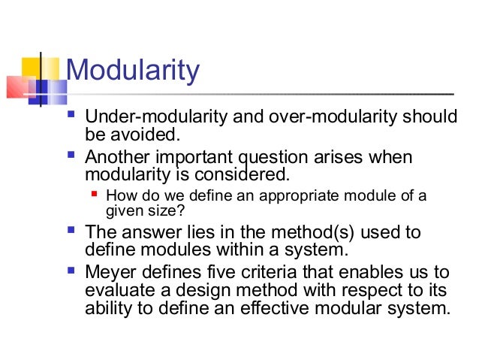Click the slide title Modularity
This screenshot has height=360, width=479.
tap(133, 71)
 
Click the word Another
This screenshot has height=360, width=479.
tap(118, 158)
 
